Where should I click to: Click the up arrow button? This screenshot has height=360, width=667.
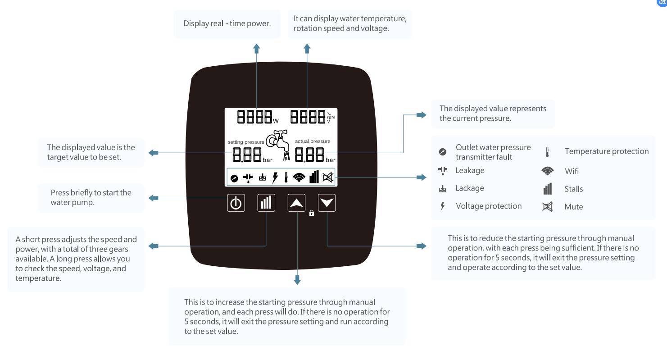296,204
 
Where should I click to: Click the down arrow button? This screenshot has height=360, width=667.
327,204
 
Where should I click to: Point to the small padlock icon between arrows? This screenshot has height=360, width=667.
312,214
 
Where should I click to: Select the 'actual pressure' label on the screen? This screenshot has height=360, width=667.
313,141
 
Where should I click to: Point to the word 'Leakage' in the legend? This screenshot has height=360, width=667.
470,170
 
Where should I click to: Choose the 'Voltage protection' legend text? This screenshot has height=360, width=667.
489,206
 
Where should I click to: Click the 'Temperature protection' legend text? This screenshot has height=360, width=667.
607,151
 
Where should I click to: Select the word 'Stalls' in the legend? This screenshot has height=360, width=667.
573,189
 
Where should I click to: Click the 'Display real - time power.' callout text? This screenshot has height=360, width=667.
227,23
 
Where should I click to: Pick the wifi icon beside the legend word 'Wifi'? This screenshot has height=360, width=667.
547,171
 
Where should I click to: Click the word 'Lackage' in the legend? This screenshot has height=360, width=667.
469,188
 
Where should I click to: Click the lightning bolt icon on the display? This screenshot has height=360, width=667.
274,178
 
